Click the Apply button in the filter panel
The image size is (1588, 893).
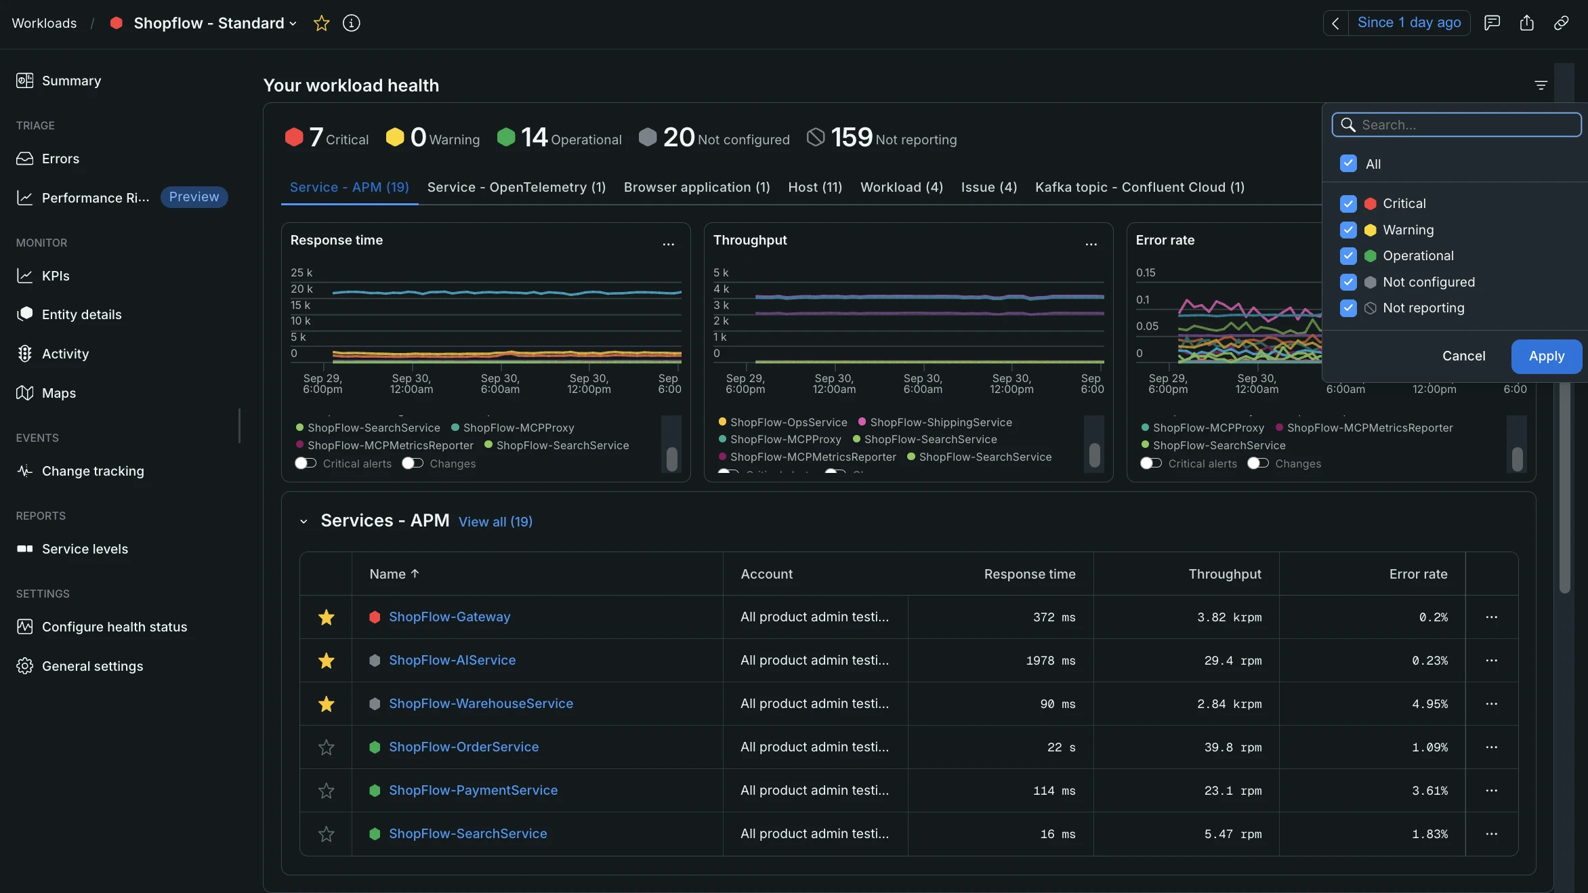pyautogui.click(x=1546, y=356)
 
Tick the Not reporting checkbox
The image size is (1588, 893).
pyautogui.click(x=1348, y=308)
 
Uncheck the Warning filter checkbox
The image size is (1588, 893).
pyautogui.click(x=1348, y=230)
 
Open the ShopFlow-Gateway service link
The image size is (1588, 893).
pyautogui.click(x=449, y=617)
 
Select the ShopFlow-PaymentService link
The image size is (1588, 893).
pyautogui.click(x=473, y=791)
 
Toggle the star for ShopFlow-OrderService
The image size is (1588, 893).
pyautogui.click(x=327, y=747)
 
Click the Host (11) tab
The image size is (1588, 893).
pyautogui.click(x=815, y=187)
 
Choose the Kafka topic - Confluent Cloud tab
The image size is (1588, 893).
pyautogui.click(x=1140, y=187)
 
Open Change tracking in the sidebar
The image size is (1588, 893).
pyautogui.click(x=93, y=471)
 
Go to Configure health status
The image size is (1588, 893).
pyautogui.click(x=114, y=627)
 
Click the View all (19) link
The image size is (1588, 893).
pyautogui.click(x=495, y=522)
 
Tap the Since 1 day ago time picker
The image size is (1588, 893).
pyautogui.click(x=1409, y=22)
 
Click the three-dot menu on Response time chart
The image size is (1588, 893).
pyautogui.click(x=669, y=244)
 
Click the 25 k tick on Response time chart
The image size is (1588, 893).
pyautogui.click(x=301, y=272)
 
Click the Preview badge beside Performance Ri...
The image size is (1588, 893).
pyautogui.click(x=194, y=197)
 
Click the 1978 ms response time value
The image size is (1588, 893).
pyautogui.click(x=1051, y=661)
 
